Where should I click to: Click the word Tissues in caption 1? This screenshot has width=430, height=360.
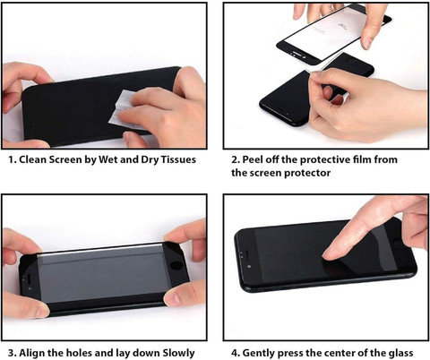(178, 159)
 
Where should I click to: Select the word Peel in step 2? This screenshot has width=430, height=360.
(253, 159)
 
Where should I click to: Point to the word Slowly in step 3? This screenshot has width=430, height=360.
(178, 353)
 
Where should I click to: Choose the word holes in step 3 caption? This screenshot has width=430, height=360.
(79, 353)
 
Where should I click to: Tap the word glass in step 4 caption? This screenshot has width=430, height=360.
(400, 353)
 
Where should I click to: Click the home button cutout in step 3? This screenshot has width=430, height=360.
(176, 266)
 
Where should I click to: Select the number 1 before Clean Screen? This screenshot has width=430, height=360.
(12, 159)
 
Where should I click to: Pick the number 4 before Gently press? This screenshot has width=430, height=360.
(236, 353)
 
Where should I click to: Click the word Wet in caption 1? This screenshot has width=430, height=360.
(107, 159)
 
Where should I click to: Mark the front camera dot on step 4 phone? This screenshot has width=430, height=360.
(249, 267)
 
